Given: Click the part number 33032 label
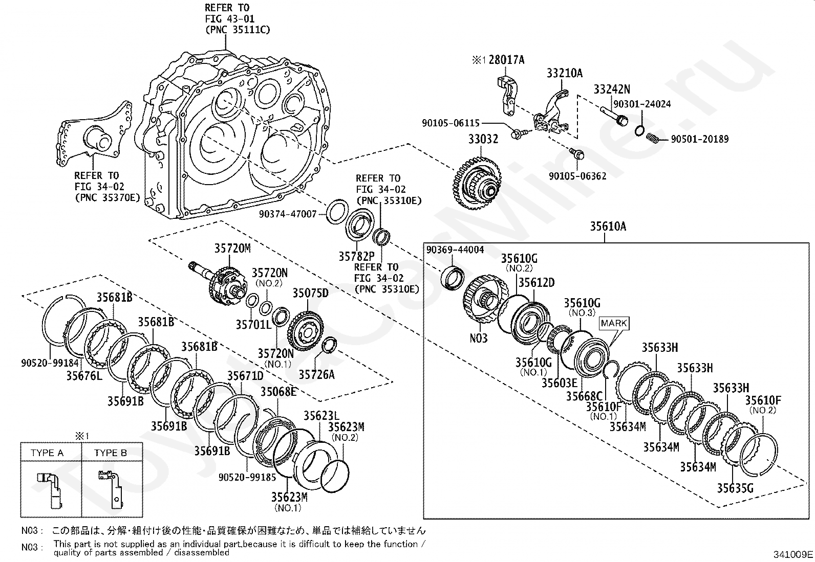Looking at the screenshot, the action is pos(483,139).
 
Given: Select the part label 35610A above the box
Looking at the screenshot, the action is pos(608,227).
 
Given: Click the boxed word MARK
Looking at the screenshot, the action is pos(614,323).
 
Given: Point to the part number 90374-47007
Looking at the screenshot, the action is pos(288,214).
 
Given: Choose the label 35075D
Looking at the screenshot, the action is pos(310,293).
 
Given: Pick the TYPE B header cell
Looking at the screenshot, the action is pos(112,453).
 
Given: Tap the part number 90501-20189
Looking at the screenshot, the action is pos(700,139).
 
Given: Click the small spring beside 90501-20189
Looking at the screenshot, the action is pos(653,138).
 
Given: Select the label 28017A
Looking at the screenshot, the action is pos(506,60).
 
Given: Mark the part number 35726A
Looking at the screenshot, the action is pos(316,374).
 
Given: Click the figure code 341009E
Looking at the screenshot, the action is pos(793,554).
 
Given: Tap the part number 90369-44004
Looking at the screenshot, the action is pos(455,250).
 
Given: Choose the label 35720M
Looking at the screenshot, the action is pos(232,249).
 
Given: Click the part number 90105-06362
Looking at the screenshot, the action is pos(577,176).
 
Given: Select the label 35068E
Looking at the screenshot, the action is pos(278,392).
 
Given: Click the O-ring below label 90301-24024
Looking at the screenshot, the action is pos(639,130).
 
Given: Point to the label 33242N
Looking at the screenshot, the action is pos(612,89).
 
